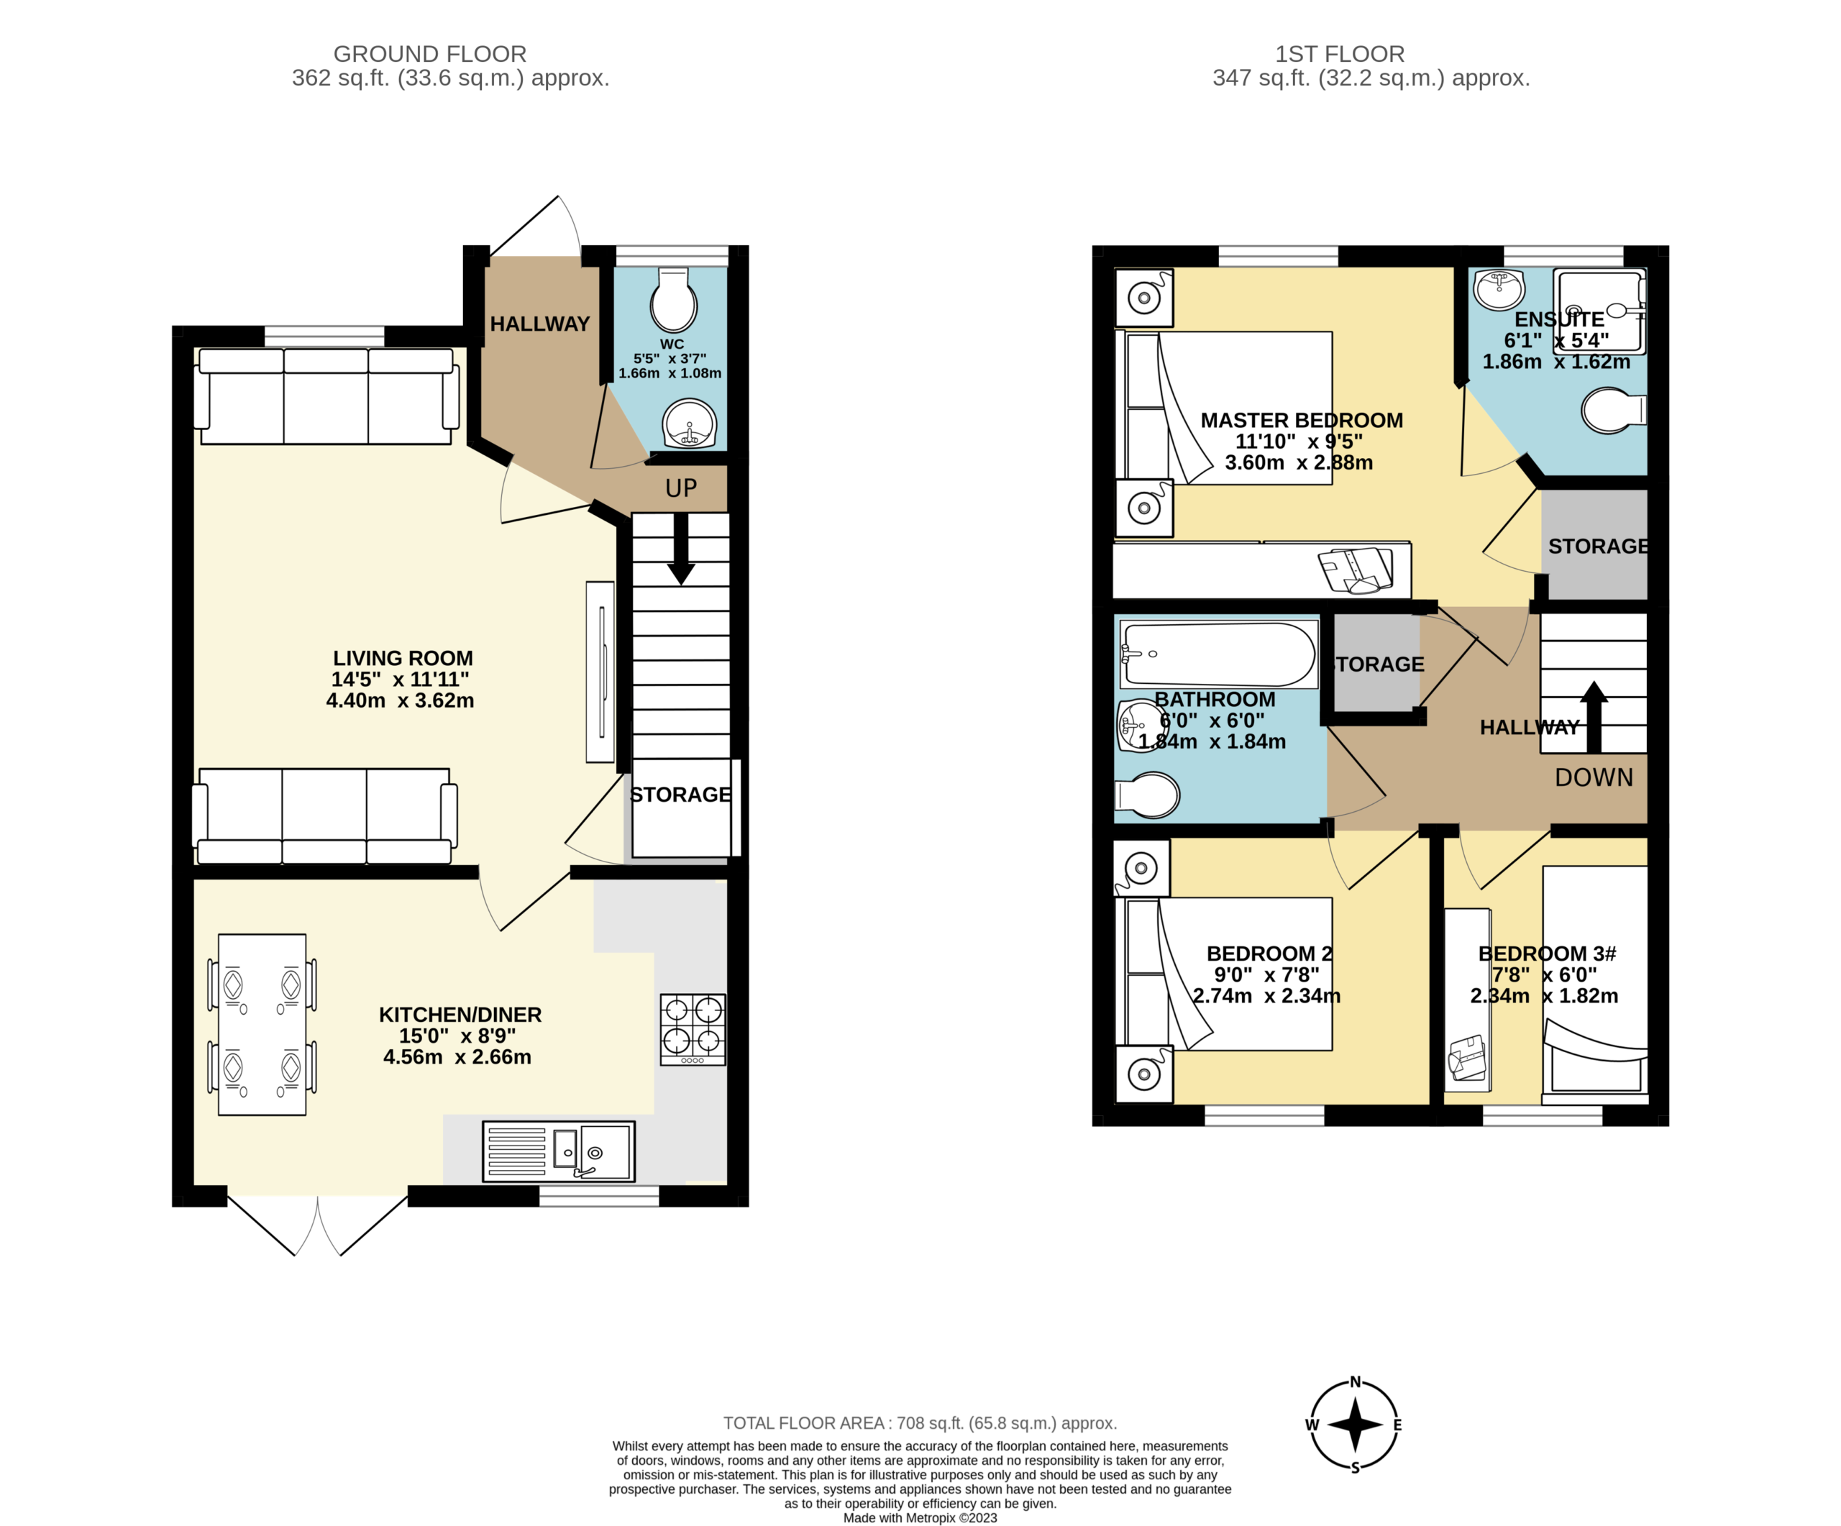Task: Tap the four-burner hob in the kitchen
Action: [x=693, y=1029]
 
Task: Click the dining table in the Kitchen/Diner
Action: [x=262, y=1025]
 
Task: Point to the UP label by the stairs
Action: [x=681, y=488]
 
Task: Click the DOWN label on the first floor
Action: [x=1594, y=777]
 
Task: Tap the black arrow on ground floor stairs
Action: [x=680, y=549]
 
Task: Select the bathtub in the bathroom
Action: [x=1218, y=654]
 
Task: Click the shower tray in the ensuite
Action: [x=1599, y=311]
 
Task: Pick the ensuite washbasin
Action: [x=1499, y=288]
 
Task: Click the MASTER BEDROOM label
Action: [x=1302, y=421]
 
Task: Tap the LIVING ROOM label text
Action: [x=403, y=658]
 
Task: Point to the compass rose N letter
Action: [x=1356, y=1382]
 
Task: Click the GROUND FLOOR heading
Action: [x=429, y=55]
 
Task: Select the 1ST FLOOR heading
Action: [x=1340, y=55]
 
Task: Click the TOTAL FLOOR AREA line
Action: [x=920, y=1423]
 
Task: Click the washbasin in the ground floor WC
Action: [x=691, y=424]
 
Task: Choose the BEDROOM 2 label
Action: [x=1269, y=954]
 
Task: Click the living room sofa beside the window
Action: [x=326, y=396]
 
